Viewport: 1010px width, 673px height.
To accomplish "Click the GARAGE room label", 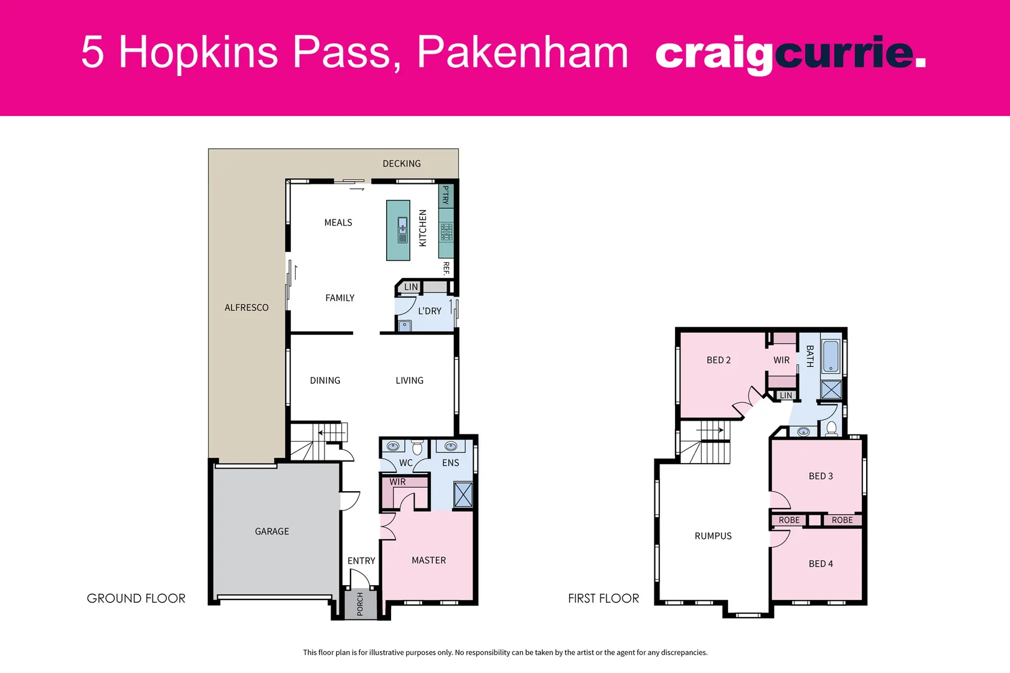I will pyautogui.click(x=271, y=532).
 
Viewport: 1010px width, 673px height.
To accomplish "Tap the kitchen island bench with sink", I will pyautogui.click(x=398, y=230).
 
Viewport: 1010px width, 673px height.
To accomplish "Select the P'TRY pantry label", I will pyautogui.click(x=446, y=195).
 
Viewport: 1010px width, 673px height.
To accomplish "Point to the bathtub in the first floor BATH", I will pyautogui.click(x=831, y=356).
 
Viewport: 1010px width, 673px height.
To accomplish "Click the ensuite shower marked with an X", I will pyautogui.click(x=463, y=494).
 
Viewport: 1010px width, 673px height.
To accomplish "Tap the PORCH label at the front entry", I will pyautogui.click(x=360, y=604).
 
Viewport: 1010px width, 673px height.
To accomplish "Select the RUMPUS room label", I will pyautogui.click(x=713, y=536).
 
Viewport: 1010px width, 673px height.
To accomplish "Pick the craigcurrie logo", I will pyautogui.click(x=790, y=54).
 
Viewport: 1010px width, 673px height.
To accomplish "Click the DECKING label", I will pyautogui.click(x=402, y=164).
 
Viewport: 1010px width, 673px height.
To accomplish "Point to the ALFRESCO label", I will pyautogui.click(x=247, y=308).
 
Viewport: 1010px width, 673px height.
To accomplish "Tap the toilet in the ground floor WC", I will pyautogui.click(x=418, y=447).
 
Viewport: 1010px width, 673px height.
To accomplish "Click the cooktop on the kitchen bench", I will pyautogui.click(x=446, y=232).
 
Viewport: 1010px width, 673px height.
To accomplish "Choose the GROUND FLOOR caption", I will pyautogui.click(x=136, y=599).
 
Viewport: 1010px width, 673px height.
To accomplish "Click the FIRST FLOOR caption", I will pyautogui.click(x=603, y=599).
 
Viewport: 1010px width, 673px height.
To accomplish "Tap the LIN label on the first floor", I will pyautogui.click(x=786, y=396).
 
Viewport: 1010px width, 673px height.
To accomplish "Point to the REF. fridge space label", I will pyautogui.click(x=446, y=269).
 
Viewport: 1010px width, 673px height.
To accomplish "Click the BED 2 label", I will pyautogui.click(x=719, y=360).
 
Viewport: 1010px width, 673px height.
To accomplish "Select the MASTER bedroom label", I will pyautogui.click(x=428, y=561).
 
